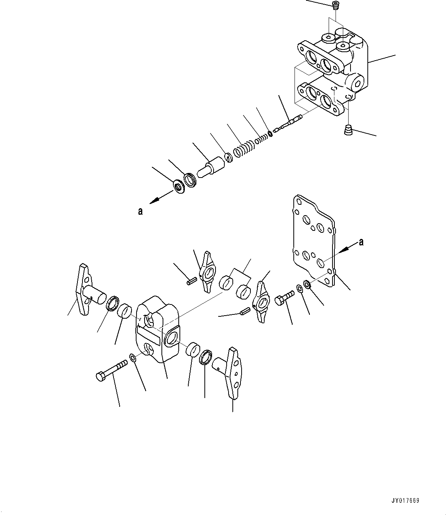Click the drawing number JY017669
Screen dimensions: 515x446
tap(405, 501)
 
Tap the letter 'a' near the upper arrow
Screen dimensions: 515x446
tap(140, 211)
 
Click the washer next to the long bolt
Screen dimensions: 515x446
tap(132, 358)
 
